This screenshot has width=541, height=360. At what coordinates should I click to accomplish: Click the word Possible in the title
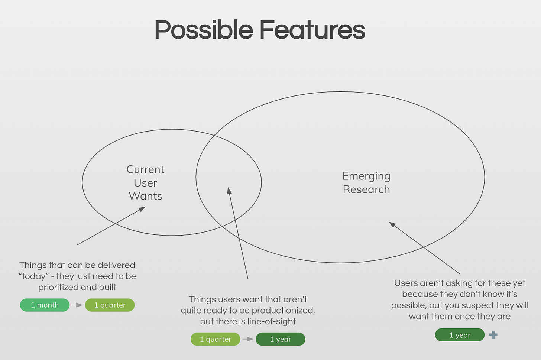[204, 30]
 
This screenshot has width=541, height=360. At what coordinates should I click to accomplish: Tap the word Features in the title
[312, 30]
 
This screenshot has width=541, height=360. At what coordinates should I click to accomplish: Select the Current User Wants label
[145, 182]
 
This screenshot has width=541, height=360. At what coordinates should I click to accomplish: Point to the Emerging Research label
[366, 182]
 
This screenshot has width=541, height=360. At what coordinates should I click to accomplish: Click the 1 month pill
[45, 305]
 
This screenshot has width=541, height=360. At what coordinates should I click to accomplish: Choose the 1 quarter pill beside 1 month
[110, 305]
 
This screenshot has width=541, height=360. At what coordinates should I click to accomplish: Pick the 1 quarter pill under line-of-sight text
[216, 339]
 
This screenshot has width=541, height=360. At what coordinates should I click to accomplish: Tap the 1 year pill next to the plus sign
[460, 335]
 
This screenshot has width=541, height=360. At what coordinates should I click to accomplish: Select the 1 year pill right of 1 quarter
[281, 339]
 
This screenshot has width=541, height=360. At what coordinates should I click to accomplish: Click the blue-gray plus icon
[493, 335]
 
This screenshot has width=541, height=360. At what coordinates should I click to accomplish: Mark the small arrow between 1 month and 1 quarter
[77, 305]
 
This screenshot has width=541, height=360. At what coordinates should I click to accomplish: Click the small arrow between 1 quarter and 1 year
[248, 339]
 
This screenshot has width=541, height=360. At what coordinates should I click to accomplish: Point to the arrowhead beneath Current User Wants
[142, 209]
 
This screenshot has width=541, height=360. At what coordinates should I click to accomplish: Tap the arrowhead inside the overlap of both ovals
[229, 191]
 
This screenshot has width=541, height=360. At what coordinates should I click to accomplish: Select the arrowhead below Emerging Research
[392, 224]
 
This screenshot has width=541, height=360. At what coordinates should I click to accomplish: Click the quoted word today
[34, 276]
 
